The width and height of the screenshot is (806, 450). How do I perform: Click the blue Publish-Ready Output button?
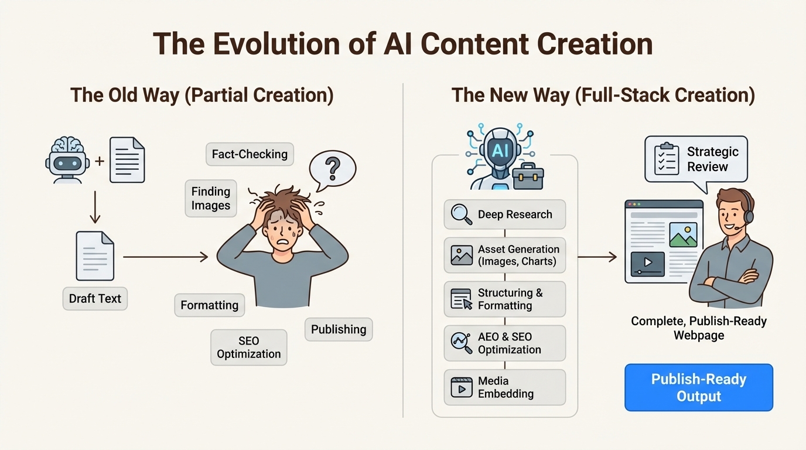click(699, 387)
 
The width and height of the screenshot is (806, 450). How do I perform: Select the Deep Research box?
click(504, 214)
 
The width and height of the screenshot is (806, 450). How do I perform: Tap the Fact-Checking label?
click(250, 155)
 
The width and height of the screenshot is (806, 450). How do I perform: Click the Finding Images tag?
click(210, 198)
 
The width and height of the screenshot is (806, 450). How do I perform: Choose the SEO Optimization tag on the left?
click(249, 347)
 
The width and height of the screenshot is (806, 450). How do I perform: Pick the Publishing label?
click(339, 329)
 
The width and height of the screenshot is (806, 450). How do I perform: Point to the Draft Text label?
click(95, 298)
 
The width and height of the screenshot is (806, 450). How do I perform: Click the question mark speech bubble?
click(332, 169)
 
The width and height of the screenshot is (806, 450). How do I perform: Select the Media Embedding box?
click(504, 387)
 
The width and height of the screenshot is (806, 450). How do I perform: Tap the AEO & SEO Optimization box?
click(504, 343)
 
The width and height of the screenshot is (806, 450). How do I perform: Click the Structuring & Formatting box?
click(504, 299)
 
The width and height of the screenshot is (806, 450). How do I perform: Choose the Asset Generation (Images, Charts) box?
click(504, 255)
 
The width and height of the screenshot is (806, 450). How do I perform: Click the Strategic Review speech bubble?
click(696, 159)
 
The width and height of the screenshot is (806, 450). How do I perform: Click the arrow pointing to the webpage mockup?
click(597, 257)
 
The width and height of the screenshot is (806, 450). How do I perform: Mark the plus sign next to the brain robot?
click(100, 160)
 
